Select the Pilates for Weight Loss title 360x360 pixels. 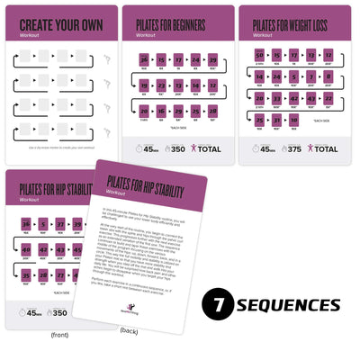click(x=297, y=23)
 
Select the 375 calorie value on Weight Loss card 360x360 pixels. click(x=292, y=148)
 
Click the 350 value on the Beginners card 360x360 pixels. click(x=177, y=148)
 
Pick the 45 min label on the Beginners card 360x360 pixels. click(x=148, y=148)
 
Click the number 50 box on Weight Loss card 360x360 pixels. click(x=259, y=56)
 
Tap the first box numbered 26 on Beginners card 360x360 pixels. click(x=144, y=59)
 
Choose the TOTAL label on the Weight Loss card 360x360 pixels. click(x=327, y=148)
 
